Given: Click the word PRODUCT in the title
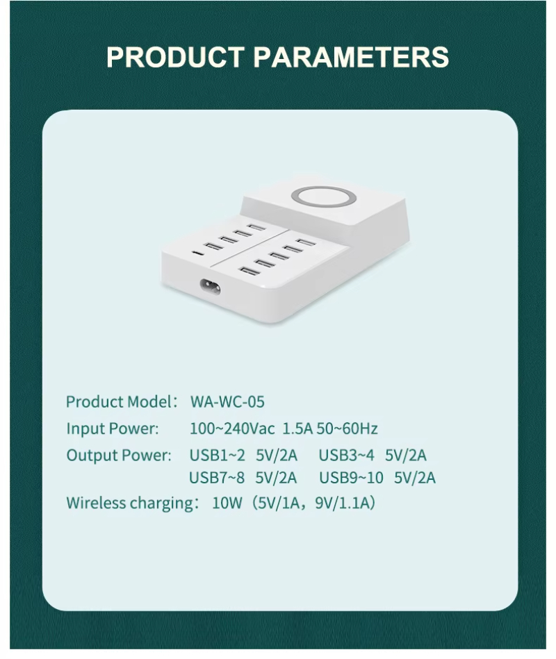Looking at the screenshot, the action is pyautogui.click(x=175, y=57).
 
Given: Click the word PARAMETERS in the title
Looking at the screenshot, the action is pyautogui.click(x=351, y=57).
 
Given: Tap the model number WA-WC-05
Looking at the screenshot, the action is pyautogui.click(x=227, y=402).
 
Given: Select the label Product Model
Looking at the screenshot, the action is pyautogui.click(x=117, y=402).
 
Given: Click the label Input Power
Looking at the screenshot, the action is pyautogui.click(x=113, y=428).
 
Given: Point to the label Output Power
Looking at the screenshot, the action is pyautogui.click(x=119, y=455).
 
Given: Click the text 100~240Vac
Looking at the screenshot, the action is pyautogui.click(x=232, y=428).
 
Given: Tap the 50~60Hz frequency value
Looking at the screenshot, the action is pyautogui.click(x=347, y=428).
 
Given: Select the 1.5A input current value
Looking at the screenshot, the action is pyautogui.click(x=297, y=428).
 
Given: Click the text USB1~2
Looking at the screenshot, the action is pyautogui.click(x=217, y=455).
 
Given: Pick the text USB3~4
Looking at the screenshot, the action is pyautogui.click(x=346, y=455).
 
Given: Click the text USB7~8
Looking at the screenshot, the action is pyautogui.click(x=217, y=478).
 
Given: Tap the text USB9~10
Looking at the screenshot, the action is pyautogui.click(x=351, y=478).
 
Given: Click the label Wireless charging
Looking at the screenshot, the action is pyautogui.click(x=132, y=503).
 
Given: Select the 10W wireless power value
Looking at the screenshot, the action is pyautogui.click(x=227, y=503).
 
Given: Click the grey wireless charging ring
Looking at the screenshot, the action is pyautogui.click(x=324, y=187).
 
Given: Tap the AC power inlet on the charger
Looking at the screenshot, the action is pyautogui.click(x=211, y=287).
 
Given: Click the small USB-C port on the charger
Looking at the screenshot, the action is pyautogui.click(x=197, y=253).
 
